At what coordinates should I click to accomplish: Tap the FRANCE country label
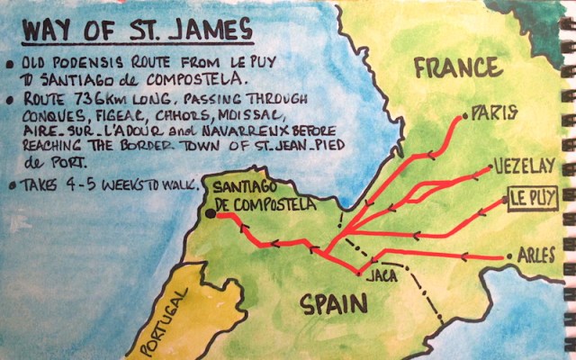click(458, 67)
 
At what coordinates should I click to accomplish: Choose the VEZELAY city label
click(522, 166)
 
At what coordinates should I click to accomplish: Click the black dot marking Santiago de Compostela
click(211, 213)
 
